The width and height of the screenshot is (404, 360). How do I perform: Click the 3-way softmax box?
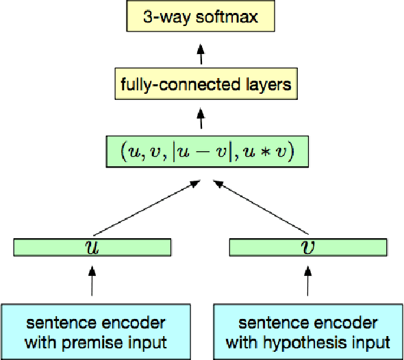(x=201, y=16)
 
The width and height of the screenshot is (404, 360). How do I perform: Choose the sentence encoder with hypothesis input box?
(x=309, y=331)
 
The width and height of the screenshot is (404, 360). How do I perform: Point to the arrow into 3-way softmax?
(x=201, y=51)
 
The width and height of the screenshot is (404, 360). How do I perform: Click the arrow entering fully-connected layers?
(x=201, y=119)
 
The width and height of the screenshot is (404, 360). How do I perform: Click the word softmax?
(x=227, y=16)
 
